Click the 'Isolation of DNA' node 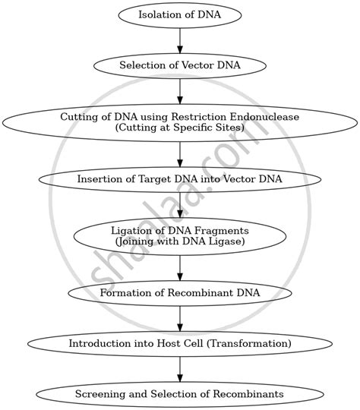pyautogui.click(x=180, y=14)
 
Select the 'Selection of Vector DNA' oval pyautogui.click(x=180, y=65)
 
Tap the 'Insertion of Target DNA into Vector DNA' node pyautogui.click(x=180, y=179)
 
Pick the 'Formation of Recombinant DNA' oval pyautogui.click(x=180, y=292)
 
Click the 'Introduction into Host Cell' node pyautogui.click(x=180, y=343)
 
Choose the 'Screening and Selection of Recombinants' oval pyautogui.click(x=180, y=394)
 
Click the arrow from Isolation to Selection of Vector pyautogui.click(x=180, y=39)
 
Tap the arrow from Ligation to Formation pyautogui.click(x=180, y=267)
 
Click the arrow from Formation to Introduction pyautogui.click(x=180, y=318)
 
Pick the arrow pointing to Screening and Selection pyautogui.click(x=180, y=369)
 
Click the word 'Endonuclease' pyautogui.click(x=267, y=117)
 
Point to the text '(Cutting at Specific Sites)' pyautogui.click(x=180, y=128)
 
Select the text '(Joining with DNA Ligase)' pyautogui.click(x=180, y=241)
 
